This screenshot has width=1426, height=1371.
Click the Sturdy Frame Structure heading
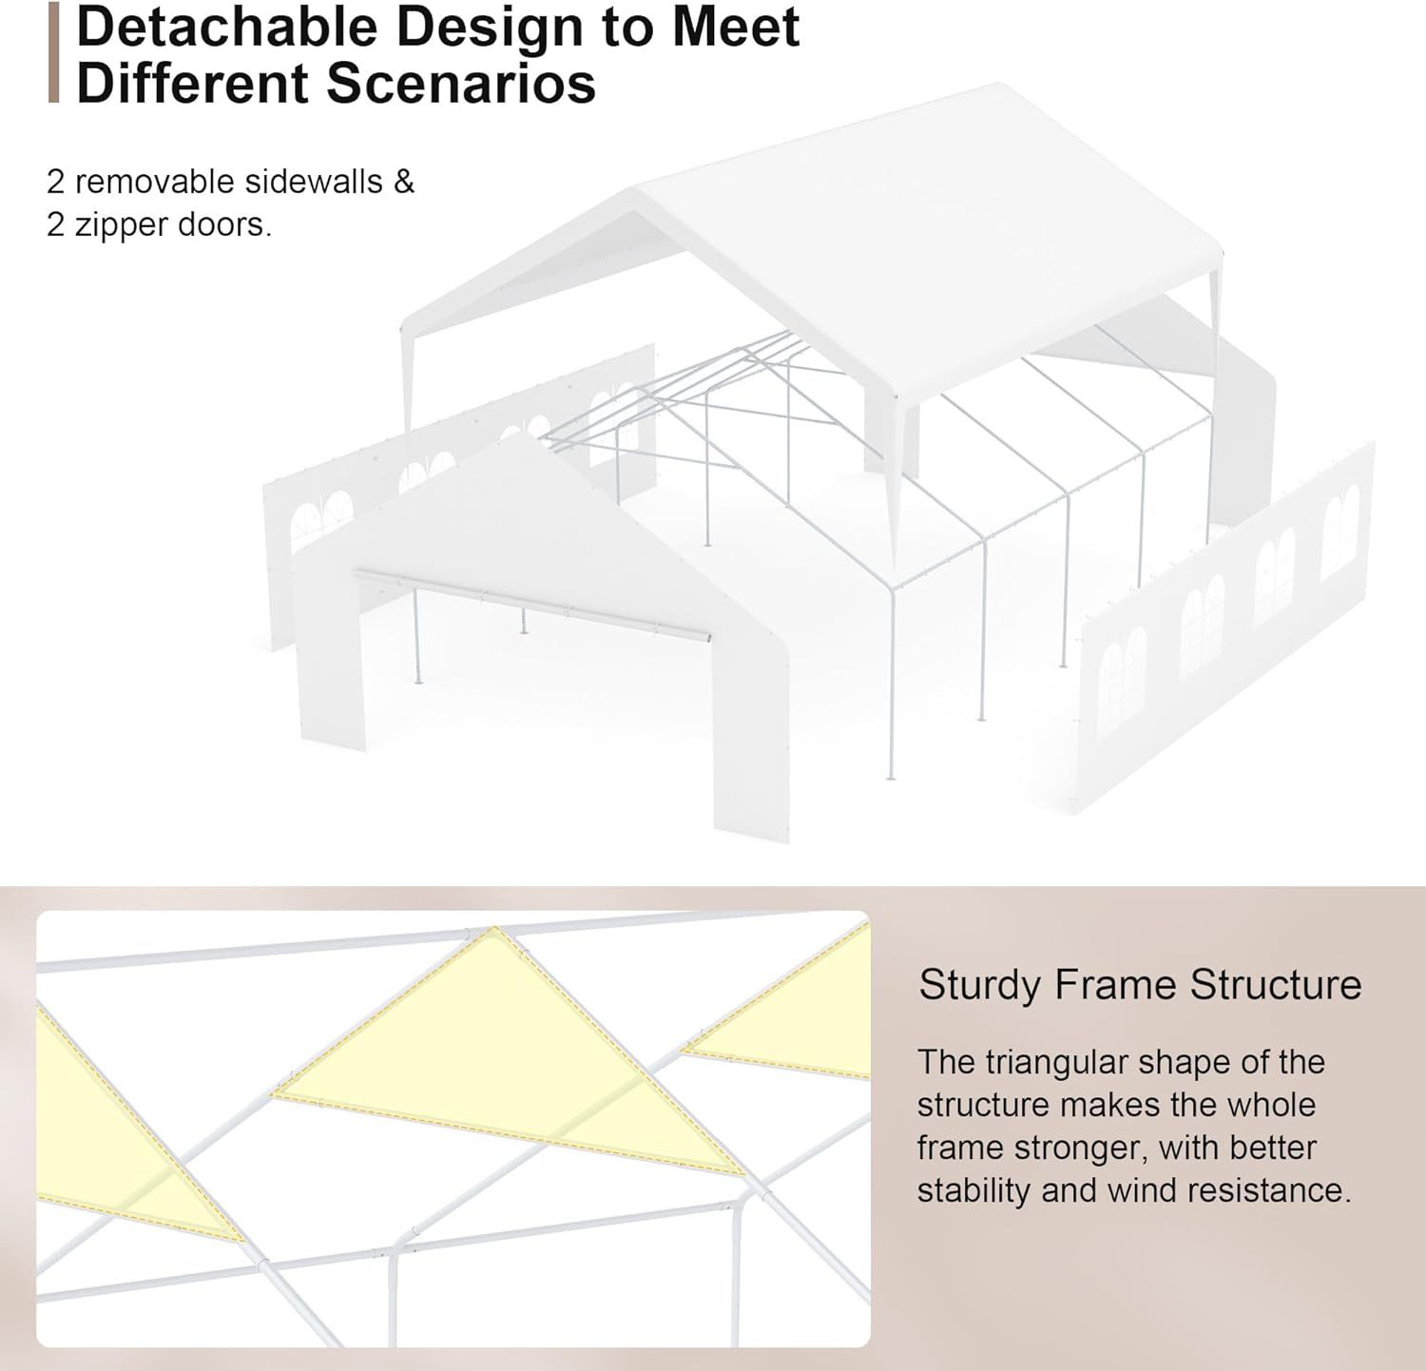[x=1140, y=985]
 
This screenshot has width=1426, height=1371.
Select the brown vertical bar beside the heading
[x=53, y=52]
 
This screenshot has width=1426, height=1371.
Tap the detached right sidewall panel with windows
[x=1226, y=628]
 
